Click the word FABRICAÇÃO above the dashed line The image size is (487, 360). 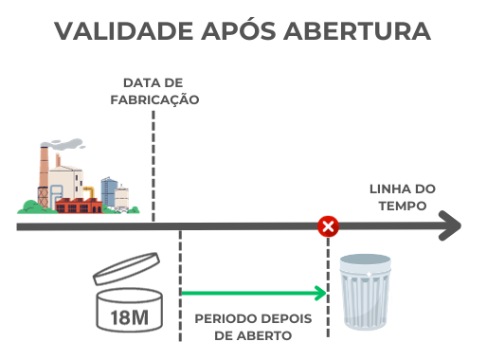pyautogui.click(x=153, y=99)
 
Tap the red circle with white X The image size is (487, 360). pyautogui.click(x=328, y=226)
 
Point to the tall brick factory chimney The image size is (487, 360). pyautogui.click(x=44, y=175)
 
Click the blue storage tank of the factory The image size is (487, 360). pyautogui.click(x=109, y=193)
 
